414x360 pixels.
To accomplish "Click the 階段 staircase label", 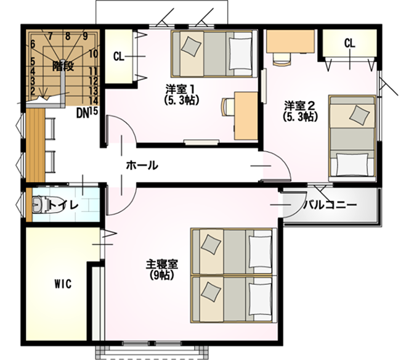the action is point(63,66).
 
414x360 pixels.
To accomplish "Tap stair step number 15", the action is point(93,111).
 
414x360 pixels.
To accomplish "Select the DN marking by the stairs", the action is point(82,113).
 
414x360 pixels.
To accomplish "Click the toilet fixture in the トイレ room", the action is point(39,204).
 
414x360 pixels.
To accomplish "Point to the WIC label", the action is point(63,284).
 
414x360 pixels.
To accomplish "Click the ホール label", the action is point(142,165).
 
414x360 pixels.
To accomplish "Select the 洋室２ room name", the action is point(299,106).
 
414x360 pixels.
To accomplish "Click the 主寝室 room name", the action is point(162,264).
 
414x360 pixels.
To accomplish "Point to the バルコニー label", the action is point(330,205).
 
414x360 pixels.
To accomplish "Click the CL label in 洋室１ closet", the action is point(118,57).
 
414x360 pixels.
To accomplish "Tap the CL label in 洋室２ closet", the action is point(349,43).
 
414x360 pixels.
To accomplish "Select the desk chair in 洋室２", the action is point(282,59).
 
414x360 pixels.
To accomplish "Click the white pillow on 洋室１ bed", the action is point(240,54).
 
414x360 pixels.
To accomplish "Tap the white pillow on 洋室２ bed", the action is point(352,165).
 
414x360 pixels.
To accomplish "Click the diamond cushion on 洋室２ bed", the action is point(359,115).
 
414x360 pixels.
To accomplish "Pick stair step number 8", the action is point(68,36).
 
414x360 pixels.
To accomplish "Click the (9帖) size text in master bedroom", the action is point(162,275).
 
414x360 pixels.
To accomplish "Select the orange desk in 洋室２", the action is point(290,41).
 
